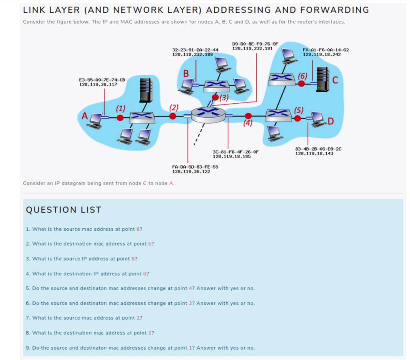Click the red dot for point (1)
[x=120, y=117]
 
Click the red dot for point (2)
[x=173, y=116]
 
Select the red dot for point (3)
[x=215, y=97]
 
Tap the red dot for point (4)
[x=248, y=116]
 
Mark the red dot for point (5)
[x=297, y=118]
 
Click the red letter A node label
[x=84, y=116]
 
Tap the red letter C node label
[x=335, y=80]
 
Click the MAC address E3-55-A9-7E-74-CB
[x=102, y=80]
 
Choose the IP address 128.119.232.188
[x=192, y=54]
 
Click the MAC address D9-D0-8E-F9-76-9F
[x=255, y=44]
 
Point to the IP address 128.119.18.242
[x=322, y=54]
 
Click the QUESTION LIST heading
[x=63, y=210]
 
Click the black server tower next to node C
[x=322, y=78]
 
